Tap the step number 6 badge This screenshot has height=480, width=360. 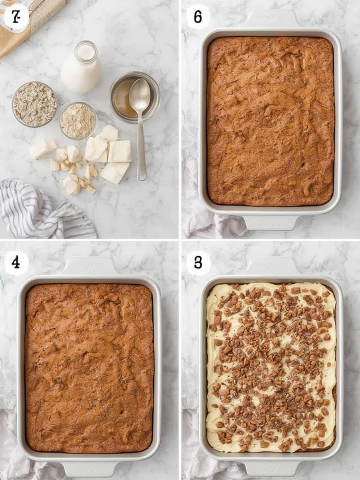click(x=198, y=17)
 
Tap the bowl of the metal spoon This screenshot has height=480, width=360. click(x=140, y=94)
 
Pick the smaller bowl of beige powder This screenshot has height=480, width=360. click(x=78, y=120)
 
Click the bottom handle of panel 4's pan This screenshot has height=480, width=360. click(x=89, y=470)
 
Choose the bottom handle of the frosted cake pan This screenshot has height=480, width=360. click(x=270, y=470)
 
